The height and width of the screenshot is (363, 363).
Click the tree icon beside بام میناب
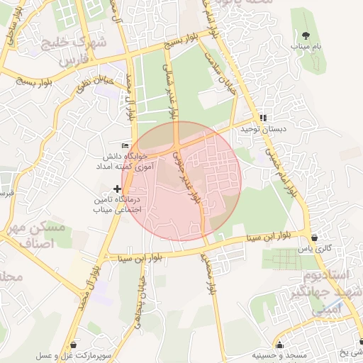306,35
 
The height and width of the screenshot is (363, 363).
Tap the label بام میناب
306,46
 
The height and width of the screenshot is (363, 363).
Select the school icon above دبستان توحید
263,118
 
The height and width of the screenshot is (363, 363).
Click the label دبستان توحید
263,130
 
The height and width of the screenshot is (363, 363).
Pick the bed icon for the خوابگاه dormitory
125,145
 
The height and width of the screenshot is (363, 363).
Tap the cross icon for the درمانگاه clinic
118,188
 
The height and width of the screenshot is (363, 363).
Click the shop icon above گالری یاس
314,237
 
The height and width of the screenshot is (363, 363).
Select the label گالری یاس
314,249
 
